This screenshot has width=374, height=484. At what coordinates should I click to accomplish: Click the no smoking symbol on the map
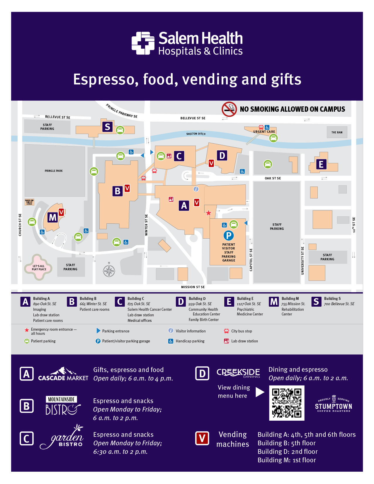(229, 109)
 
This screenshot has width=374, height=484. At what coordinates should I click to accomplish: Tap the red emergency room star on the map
(208, 213)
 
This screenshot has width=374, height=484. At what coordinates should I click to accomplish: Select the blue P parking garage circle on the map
(229, 235)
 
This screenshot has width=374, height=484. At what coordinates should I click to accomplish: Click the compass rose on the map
(109, 271)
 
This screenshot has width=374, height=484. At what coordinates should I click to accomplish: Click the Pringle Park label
(54, 171)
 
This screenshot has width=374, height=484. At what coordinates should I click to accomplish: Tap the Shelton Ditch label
(196, 134)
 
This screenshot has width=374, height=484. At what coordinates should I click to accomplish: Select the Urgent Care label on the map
(264, 132)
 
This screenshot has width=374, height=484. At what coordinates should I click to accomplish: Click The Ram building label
(337, 133)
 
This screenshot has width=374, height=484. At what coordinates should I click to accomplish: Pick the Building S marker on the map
(108, 127)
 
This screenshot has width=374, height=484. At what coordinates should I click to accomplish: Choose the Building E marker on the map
(321, 164)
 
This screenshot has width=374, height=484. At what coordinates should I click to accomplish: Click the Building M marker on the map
(52, 218)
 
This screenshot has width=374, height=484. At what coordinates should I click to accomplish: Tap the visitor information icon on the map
(196, 189)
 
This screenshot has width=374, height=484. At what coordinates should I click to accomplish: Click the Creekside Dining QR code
(287, 403)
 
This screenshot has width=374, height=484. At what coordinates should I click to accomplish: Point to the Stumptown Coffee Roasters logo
(334, 404)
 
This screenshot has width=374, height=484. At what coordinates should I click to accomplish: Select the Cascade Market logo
(63, 374)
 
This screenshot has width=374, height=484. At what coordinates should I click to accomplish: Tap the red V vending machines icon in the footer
(202, 438)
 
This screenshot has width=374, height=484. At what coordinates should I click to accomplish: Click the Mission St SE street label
(193, 287)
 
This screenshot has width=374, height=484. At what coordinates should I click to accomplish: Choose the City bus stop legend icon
(226, 331)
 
